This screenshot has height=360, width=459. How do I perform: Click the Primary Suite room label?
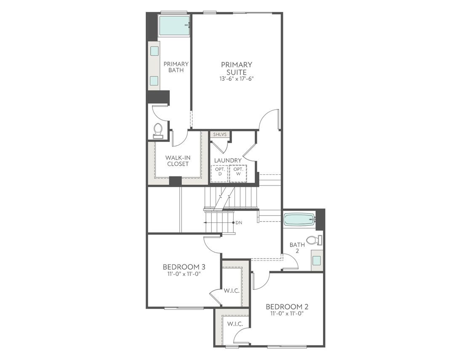[x=236, y=68]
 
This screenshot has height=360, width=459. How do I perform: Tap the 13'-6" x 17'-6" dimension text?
[x=236, y=79]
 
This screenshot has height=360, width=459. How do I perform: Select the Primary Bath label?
[x=176, y=67]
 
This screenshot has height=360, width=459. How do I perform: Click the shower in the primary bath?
[x=173, y=25]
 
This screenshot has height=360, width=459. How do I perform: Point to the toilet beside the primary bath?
[x=158, y=130]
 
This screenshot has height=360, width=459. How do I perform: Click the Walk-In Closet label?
[x=178, y=160]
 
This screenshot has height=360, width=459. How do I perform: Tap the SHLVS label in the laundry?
[x=220, y=135]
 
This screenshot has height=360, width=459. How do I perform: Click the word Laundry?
[x=228, y=160]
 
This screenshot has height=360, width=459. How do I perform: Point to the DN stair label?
[x=239, y=222]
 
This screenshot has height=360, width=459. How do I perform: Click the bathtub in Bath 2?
[x=299, y=219]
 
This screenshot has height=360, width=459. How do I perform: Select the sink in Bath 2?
[x=316, y=260]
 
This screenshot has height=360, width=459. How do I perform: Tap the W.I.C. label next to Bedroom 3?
[x=232, y=291]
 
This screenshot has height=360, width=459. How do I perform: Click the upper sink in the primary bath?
[x=155, y=51]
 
